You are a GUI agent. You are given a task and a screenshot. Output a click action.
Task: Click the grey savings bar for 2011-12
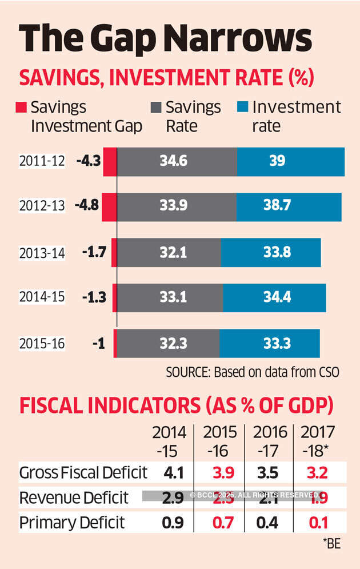tap(177, 162)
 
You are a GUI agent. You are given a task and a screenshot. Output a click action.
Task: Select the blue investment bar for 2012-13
tap(289, 207)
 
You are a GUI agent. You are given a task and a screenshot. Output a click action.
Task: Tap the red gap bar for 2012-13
tap(109, 207)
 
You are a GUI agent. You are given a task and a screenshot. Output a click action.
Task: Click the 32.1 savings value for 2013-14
tap(170, 252)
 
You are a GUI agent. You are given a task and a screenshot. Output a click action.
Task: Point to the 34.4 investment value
tap(274, 297)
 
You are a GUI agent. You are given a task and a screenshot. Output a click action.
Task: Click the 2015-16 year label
tap(42, 344)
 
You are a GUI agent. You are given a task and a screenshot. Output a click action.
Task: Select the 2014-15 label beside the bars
tap(42, 297)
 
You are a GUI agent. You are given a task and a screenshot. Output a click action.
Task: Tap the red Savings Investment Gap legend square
tap(21, 108)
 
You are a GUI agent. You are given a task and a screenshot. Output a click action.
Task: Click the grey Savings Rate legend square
tap(155, 108)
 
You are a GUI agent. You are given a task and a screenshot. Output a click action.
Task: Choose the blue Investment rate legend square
tap(242, 108)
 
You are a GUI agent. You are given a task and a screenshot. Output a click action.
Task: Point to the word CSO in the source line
tap(328, 372)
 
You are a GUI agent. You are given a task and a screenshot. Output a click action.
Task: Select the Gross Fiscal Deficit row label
tap(82, 473)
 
